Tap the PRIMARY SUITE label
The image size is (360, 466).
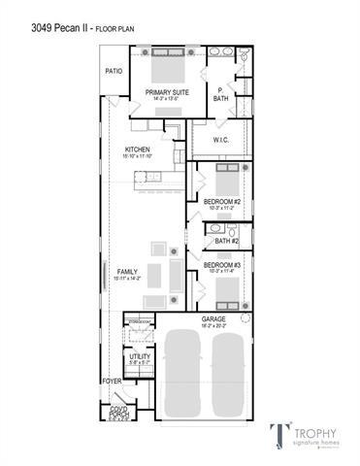click(167, 93)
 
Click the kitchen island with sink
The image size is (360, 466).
click(147, 176)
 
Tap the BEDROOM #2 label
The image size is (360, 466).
click(222, 203)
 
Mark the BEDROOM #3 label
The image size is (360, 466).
click(222, 265)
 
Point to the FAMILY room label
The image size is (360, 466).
click(128, 272)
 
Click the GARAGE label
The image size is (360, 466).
click(213, 319)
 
